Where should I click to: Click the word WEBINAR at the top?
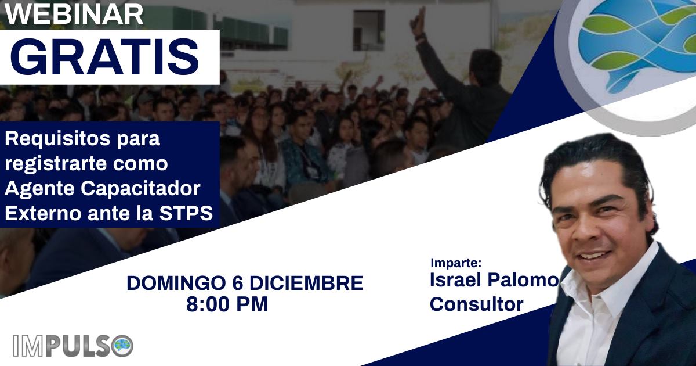coord(74,15)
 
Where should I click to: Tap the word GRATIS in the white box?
coord(105,57)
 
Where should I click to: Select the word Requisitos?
coord(57,139)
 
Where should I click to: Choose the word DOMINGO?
coord(176,284)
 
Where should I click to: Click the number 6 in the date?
coord(238,284)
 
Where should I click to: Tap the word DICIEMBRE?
coord(306,284)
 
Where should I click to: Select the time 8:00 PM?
coord(227,304)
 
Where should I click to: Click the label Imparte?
coord(456,263)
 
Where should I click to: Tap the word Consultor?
coord(477,304)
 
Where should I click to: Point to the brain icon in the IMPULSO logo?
coord(123,346)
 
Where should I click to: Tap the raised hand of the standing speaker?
coord(418,22)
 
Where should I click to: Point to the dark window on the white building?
coord(369,30)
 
